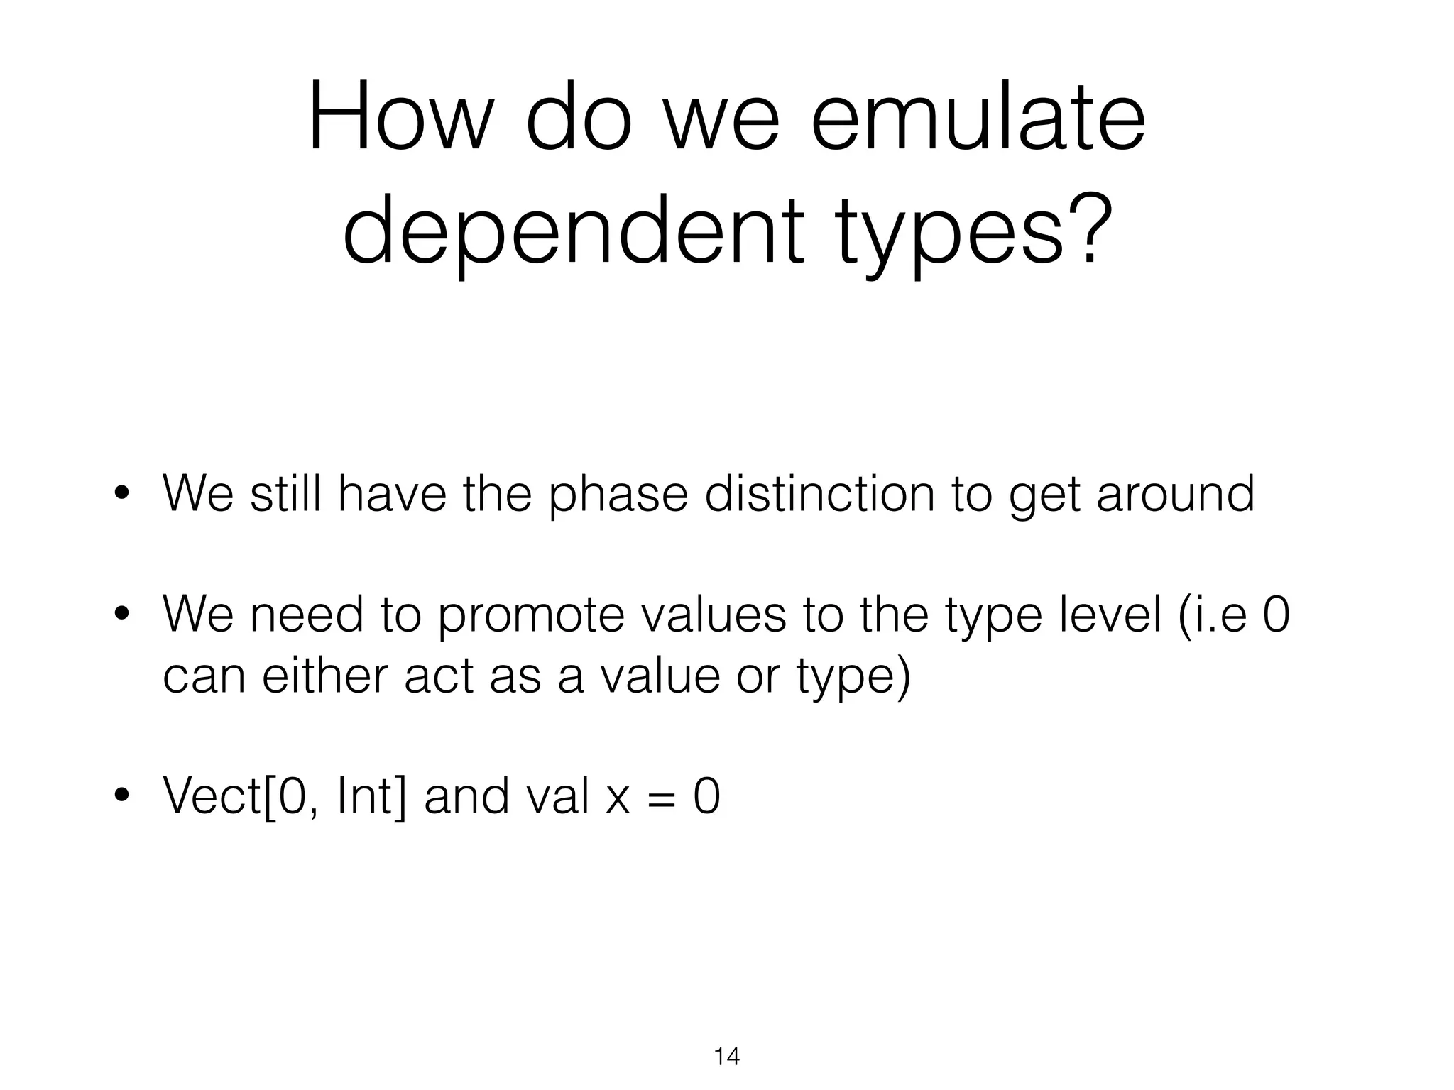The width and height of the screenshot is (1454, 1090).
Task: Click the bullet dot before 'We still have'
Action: [x=124, y=495]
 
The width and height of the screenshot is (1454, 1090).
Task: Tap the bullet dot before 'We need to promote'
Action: [x=124, y=615]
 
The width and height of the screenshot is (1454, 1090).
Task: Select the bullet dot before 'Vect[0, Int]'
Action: [x=124, y=797]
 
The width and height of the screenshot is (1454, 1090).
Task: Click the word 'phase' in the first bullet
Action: [x=618, y=495]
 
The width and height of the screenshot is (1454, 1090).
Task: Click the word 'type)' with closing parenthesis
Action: [x=853, y=676]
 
